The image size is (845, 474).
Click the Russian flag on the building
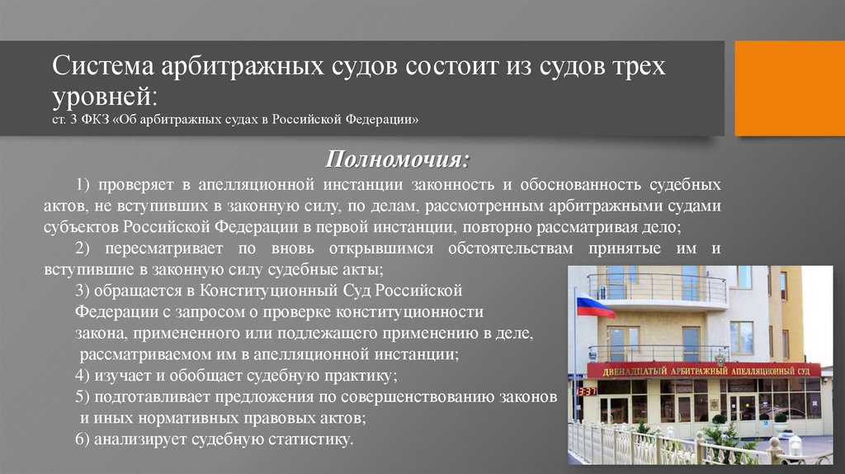point(594,306)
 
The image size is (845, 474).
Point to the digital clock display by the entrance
point(587,391)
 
